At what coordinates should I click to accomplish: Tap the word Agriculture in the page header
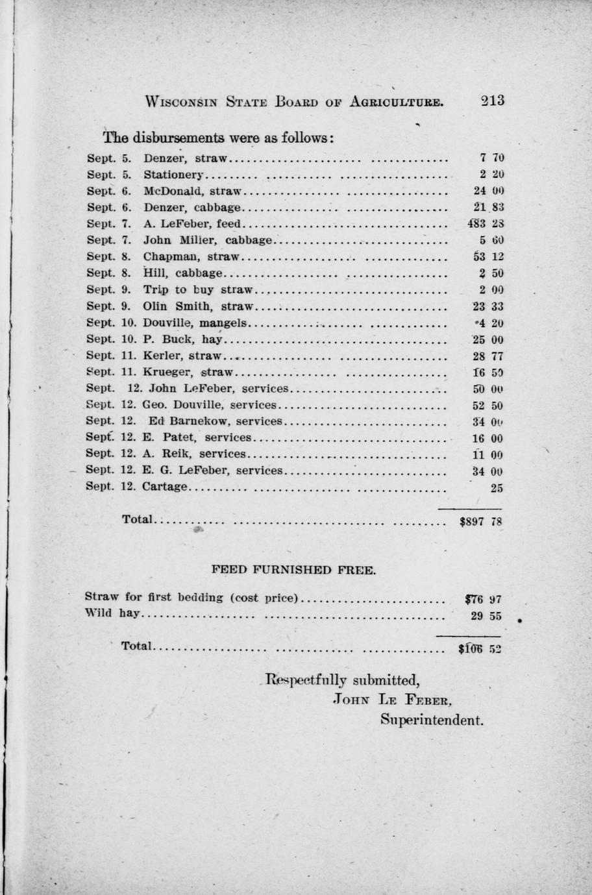(x=397, y=102)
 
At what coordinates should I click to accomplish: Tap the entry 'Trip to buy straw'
(x=197, y=290)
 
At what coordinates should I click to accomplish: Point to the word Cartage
(x=165, y=487)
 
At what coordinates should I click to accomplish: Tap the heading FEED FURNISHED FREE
(x=293, y=570)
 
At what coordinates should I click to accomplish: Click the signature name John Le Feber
(x=391, y=700)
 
